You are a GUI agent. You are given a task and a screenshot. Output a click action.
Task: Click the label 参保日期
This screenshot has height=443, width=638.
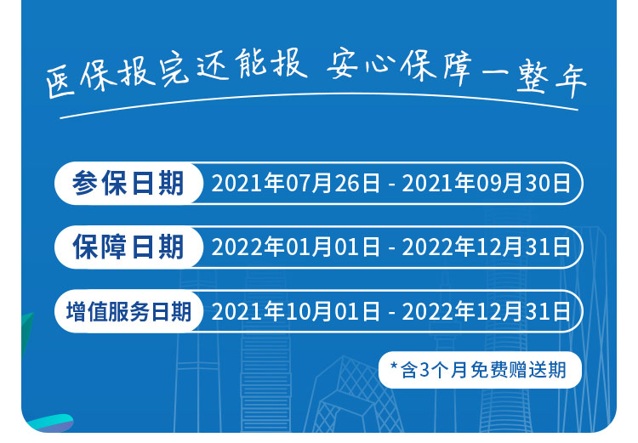tap(128, 183)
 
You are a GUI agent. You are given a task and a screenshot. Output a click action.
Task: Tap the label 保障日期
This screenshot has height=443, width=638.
tap(128, 247)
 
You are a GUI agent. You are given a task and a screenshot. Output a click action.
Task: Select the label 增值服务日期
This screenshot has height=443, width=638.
tap(128, 311)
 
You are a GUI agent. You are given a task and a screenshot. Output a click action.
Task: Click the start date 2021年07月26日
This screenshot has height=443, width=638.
tap(295, 183)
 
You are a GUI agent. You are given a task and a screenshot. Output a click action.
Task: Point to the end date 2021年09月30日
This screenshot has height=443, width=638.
tap(487, 183)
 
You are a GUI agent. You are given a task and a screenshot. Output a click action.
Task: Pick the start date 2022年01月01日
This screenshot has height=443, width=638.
tap(295, 247)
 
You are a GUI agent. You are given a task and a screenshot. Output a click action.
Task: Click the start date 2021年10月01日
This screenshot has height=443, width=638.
tap(295, 311)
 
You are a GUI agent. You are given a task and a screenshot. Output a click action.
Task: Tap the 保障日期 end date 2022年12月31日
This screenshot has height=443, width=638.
tap(487, 247)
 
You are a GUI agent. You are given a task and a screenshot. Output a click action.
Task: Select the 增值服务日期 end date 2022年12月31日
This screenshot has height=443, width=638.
tap(487, 311)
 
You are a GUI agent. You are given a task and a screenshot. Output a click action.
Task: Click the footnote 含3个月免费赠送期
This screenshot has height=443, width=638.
tap(483, 370)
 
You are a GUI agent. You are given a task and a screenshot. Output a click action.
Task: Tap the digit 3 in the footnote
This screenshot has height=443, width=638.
tap(424, 370)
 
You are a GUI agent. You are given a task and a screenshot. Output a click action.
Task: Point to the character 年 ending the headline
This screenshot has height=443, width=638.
tap(571, 83)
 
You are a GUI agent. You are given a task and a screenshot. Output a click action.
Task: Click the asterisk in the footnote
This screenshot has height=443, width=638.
tap(394, 366)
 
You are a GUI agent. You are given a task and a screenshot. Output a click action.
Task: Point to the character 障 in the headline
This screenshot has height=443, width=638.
tap(457, 67)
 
